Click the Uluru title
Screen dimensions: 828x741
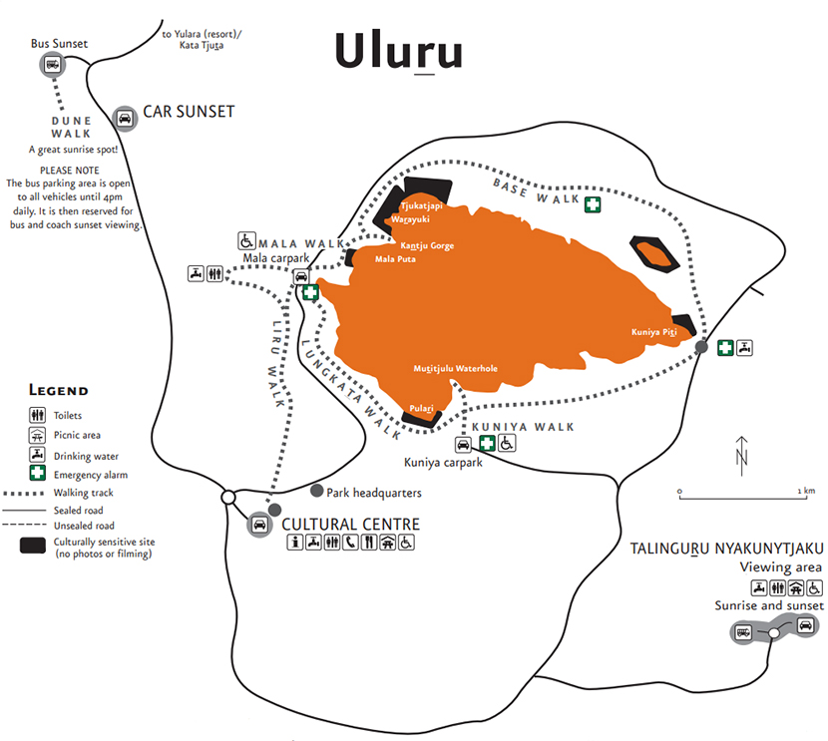[399, 52]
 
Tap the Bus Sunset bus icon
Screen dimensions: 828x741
[52, 65]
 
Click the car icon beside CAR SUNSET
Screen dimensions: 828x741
[125, 119]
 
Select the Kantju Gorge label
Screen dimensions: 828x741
[427, 245]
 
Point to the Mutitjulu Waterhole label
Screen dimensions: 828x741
[455, 368]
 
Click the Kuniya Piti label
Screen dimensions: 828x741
[653, 332]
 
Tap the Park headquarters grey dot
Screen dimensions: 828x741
[317, 491]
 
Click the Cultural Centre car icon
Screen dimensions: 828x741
[259, 524]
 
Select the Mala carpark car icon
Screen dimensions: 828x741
[301, 276]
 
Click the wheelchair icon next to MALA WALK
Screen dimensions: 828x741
[246, 241]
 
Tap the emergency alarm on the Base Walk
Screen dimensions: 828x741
[593, 204]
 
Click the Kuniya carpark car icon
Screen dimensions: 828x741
[463, 445]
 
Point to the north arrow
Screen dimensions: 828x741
[742, 456]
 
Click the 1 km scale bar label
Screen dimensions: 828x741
[806, 491]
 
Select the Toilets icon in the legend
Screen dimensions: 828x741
[38, 415]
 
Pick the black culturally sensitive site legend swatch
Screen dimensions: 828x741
[33, 546]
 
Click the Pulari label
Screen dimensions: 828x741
[421, 408]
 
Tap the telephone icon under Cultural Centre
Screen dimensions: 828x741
[350, 542]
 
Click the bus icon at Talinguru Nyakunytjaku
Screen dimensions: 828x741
[743, 631]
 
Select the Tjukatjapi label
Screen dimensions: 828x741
[421, 205]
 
